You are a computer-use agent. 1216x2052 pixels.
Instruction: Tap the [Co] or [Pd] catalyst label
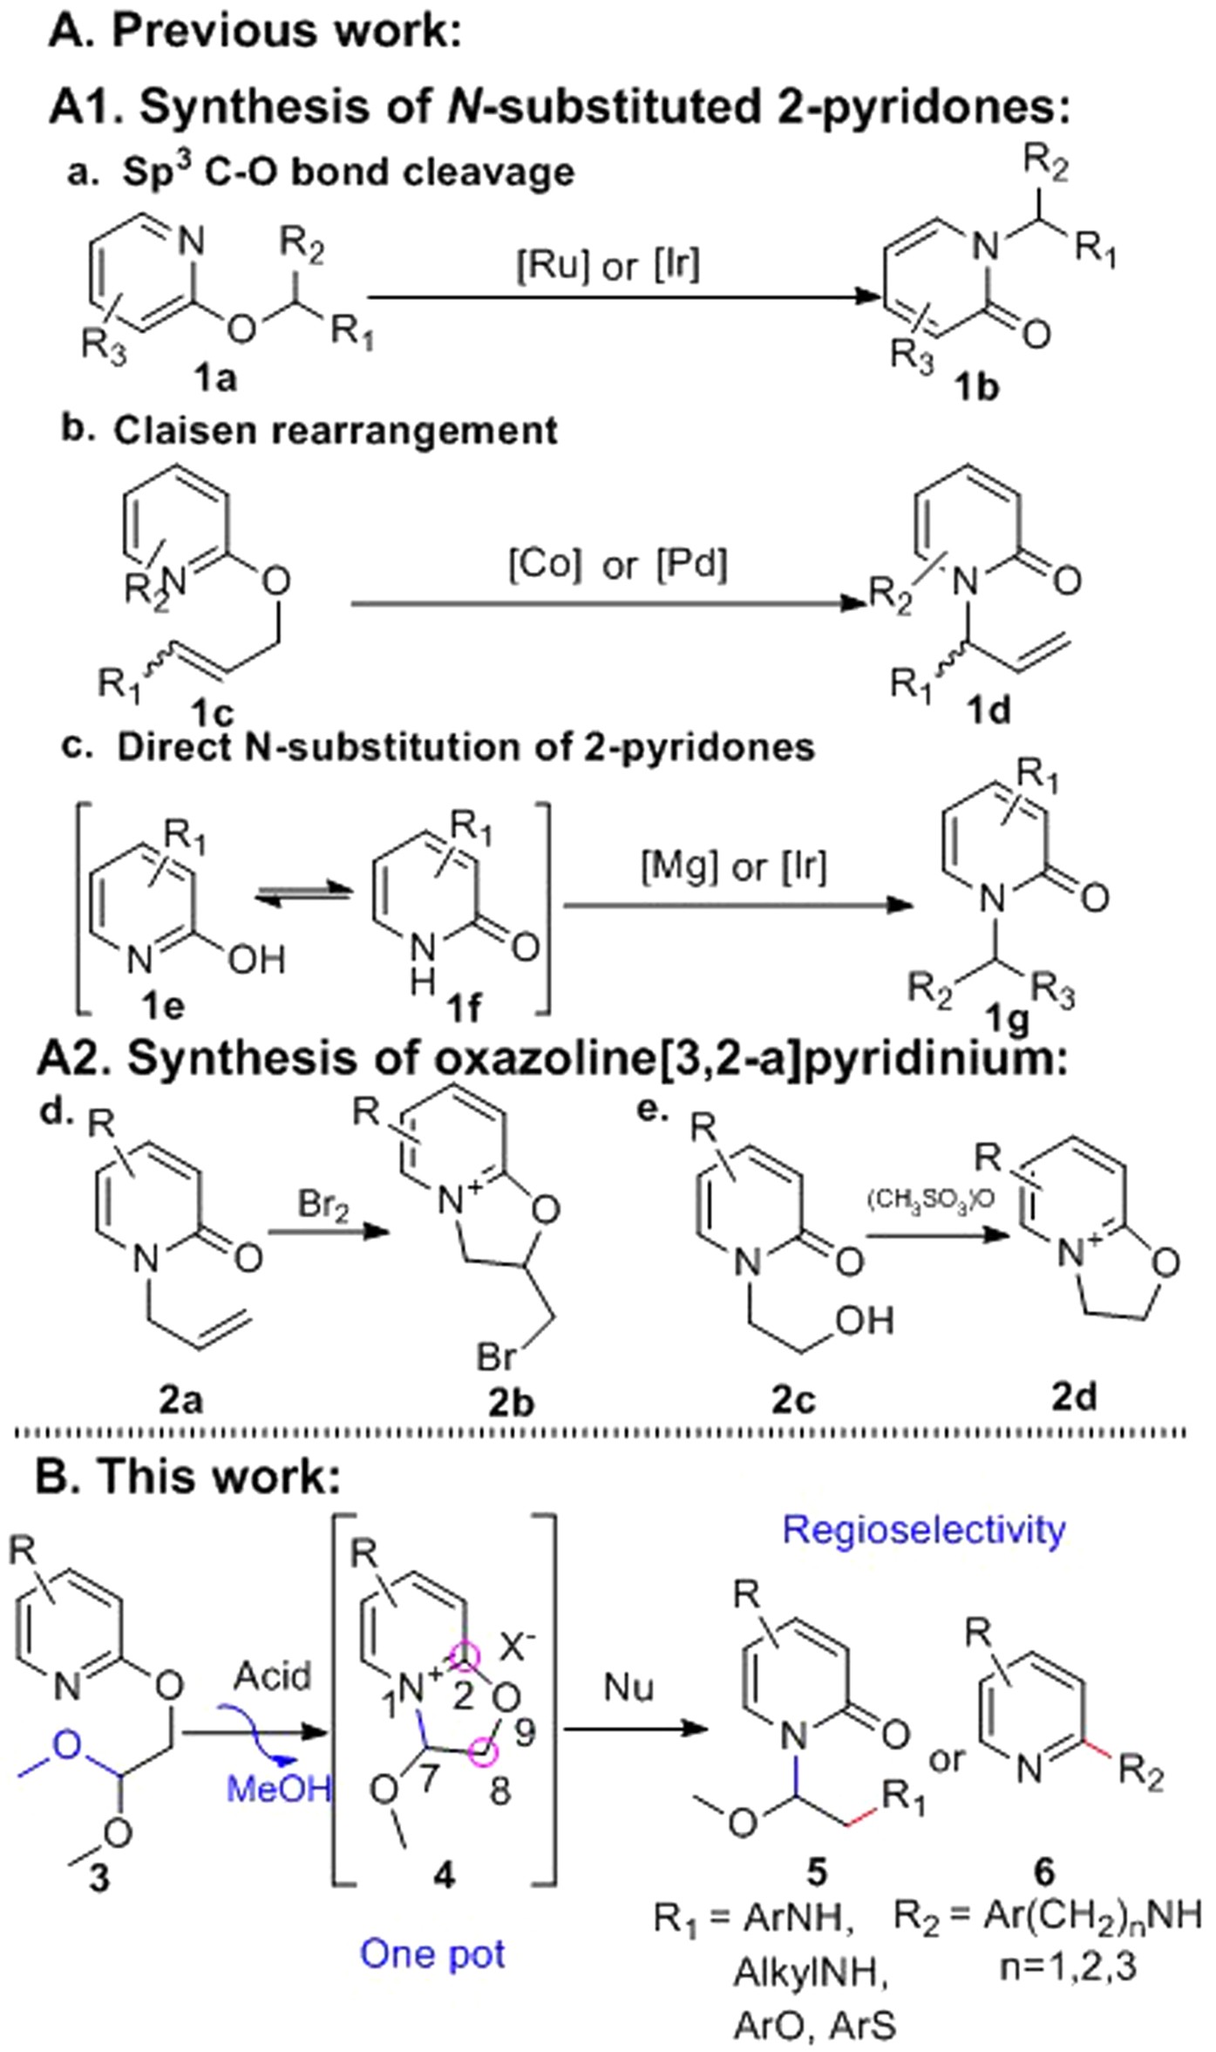click(x=617, y=566)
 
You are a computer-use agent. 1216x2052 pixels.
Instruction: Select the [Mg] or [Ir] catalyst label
click(x=734, y=867)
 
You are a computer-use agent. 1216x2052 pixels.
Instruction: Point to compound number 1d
click(x=990, y=711)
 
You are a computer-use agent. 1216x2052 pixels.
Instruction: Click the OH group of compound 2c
click(x=864, y=1321)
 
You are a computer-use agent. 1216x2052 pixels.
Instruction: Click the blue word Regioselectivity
click(x=924, y=1530)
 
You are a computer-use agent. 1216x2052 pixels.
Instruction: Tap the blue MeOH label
click(x=279, y=1790)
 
